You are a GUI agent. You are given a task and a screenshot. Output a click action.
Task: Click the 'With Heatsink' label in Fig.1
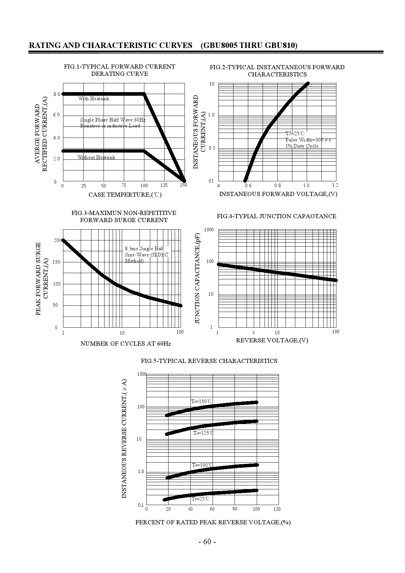coord(94,99)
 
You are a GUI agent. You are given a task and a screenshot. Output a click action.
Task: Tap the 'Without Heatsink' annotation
coord(96,157)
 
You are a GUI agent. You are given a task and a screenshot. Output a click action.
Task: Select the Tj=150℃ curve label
coord(201,401)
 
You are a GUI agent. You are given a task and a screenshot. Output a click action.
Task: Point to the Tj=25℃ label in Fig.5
coord(201,499)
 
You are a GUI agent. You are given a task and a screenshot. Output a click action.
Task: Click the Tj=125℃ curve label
coord(203,433)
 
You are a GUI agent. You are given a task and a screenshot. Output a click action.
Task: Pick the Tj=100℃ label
coord(202,465)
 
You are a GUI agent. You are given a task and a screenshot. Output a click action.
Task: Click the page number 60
coord(207,542)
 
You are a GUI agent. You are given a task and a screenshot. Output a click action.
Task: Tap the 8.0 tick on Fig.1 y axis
coord(57,94)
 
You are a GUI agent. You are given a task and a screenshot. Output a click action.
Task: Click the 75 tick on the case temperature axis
coord(123,185)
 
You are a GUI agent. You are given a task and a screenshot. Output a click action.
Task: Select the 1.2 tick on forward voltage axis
coord(335,185)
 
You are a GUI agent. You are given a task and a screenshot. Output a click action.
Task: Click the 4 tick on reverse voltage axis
coord(253,333)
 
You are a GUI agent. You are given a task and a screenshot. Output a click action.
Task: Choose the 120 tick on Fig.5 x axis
coord(277,509)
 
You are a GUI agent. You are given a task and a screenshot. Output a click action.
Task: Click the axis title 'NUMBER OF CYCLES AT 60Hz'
coord(126,344)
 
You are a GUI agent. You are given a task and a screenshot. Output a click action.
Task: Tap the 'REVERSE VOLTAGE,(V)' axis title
coord(272,340)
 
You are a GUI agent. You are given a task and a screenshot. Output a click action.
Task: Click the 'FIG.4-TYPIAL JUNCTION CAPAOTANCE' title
coord(276,216)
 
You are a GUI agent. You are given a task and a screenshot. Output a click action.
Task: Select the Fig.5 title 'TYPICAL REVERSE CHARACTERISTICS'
coord(209,361)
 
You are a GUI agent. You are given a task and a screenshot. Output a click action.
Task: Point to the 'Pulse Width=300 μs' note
coord(308,140)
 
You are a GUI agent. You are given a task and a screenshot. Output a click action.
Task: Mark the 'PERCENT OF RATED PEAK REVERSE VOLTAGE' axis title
coord(213,522)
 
